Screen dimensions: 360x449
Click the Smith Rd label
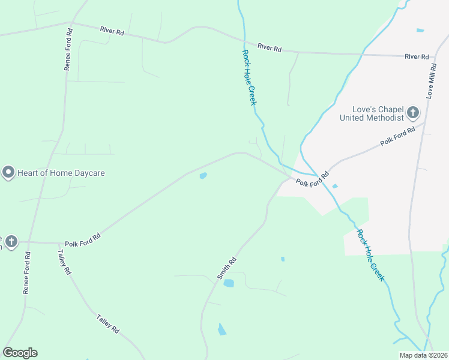(x=227, y=269)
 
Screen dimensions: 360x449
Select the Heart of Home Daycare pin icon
(x=8, y=173)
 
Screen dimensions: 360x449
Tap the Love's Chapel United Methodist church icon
(x=412, y=112)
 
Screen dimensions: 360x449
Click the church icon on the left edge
(x=11, y=242)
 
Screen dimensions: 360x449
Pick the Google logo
(x=20, y=353)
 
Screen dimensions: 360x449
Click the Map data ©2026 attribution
(x=424, y=355)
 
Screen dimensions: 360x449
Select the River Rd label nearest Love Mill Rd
(x=417, y=56)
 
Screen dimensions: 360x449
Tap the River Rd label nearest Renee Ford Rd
(x=112, y=30)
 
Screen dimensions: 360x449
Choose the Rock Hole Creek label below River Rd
(x=249, y=77)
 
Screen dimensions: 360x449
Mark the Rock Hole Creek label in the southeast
(x=370, y=255)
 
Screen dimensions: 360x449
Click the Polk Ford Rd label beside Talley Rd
(x=83, y=238)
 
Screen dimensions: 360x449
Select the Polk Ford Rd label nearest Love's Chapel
(x=398, y=137)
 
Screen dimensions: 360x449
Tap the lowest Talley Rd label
(x=108, y=322)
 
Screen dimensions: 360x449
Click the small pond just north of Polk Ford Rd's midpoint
(x=203, y=176)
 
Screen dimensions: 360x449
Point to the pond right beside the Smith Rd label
(x=229, y=283)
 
